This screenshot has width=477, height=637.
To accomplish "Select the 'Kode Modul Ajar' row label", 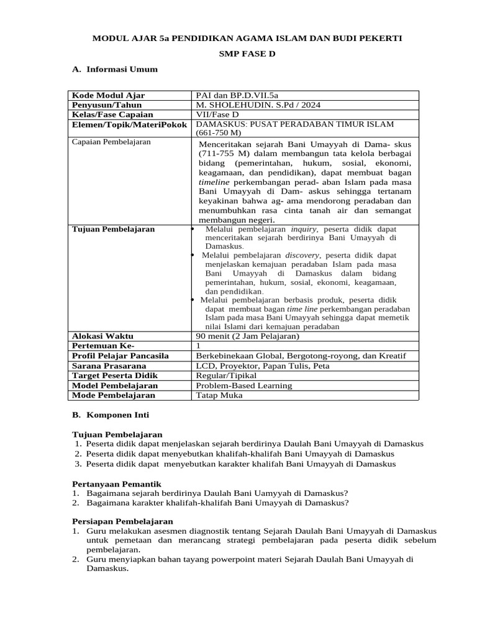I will point(109,95).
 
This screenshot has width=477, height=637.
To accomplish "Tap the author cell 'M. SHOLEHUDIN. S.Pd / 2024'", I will point(258,105).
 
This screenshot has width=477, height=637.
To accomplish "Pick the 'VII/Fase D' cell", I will point(217,114).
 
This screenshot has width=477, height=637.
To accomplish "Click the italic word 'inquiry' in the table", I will point(304,230).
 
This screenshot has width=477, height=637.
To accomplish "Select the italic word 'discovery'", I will point(302,255).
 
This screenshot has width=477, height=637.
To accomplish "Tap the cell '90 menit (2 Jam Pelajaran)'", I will point(247,336).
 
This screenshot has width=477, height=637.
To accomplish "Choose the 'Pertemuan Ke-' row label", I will point(103,346).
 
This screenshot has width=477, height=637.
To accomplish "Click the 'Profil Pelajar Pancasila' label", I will point(120,356).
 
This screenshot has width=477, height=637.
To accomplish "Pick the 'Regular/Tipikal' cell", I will point(225,376).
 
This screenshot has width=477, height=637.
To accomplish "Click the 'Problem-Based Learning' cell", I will point(243,386).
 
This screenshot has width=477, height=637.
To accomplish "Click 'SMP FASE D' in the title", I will point(247,54).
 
